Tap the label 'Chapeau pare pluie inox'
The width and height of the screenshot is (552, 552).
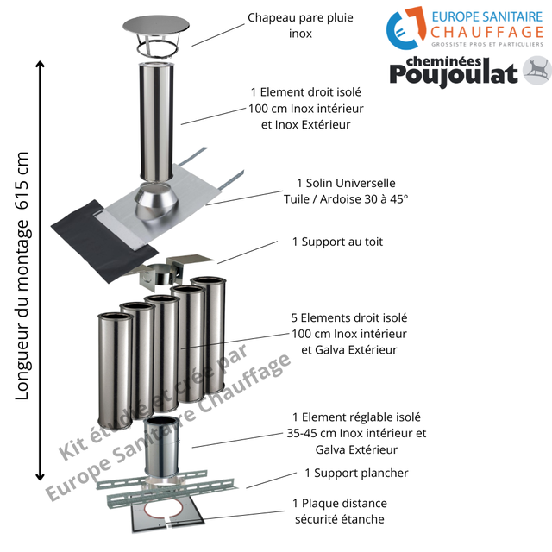(x=289, y=25)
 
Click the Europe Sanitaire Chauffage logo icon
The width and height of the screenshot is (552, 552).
(x=405, y=31)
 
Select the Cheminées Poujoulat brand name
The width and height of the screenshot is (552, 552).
(x=454, y=73)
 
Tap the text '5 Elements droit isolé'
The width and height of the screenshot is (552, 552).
(x=349, y=317)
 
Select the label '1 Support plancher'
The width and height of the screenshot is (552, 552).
(x=356, y=473)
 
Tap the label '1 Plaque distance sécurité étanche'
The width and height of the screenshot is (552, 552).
(x=338, y=511)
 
